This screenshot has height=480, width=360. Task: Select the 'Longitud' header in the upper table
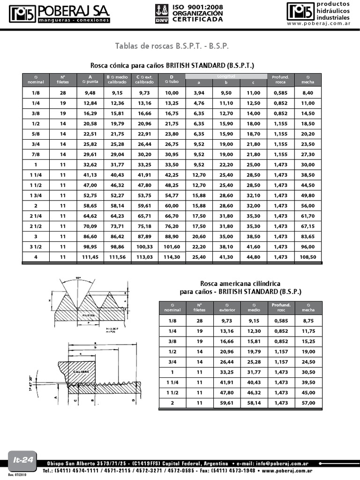click(x=226, y=76)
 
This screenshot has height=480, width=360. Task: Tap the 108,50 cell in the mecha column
click(x=308, y=257)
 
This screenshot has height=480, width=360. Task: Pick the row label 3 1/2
click(x=36, y=247)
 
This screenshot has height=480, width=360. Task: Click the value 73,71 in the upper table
click(x=117, y=226)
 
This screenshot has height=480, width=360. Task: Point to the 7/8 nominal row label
click(x=36, y=154)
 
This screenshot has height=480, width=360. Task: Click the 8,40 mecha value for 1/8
click(x=308, y=93)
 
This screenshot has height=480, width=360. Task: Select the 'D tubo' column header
click(x=172, y=79)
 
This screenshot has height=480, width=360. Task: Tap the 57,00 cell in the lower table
click(x=308, y=403)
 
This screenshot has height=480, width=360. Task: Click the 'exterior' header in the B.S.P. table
click(x=227, y=310)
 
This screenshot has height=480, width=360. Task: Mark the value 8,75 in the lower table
click(x=308, y=321)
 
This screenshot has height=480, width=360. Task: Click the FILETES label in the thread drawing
click(x=89, y=315)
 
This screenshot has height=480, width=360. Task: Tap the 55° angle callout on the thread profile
click(x=78, y=278)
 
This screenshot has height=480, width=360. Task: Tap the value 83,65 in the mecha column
click(x=308, y=236)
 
